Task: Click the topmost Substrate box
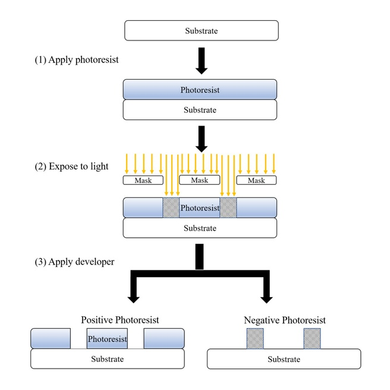(202, 30)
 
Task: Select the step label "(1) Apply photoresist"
(77, 59)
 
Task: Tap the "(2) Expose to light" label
(71, 166)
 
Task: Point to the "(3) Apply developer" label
(74, 262)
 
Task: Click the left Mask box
(143, 180)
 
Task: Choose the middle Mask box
(200, 180)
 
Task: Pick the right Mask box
(256, 180)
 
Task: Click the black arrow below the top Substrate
(202, 61)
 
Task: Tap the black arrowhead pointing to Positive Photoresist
(134, 300)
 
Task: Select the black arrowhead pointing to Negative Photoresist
(266, 300)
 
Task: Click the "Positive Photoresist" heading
(120, 320)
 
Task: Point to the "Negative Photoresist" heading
(285, 320)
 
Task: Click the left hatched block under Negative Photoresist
(255, 338)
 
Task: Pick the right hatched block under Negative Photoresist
(312, 338)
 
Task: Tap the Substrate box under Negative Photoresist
(284, 359)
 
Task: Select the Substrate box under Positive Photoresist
(108, 358)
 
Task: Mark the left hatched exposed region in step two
(171, 207)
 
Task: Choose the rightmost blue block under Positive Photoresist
(164, 338)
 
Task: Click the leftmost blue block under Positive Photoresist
(51, 338)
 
